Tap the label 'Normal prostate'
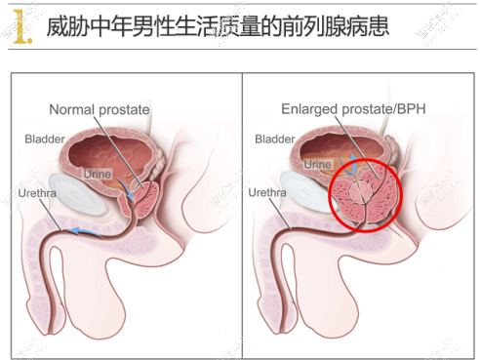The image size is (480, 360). coord(100,109)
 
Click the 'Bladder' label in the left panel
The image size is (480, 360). coord(45,139)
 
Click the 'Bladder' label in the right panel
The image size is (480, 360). coord(274,140)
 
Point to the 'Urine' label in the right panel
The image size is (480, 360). coord(319,165)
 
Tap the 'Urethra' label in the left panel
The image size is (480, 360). coord(38,193)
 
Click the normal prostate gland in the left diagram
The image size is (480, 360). coord(145,201)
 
